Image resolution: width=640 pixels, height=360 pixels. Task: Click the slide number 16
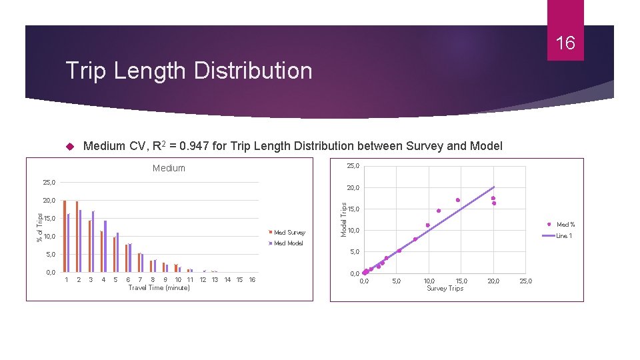[565, 44]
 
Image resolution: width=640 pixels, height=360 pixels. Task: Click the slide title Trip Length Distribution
[189, 70]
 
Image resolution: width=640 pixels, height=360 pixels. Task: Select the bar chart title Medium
[169, 168]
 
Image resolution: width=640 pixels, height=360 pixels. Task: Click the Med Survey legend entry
[289, 233]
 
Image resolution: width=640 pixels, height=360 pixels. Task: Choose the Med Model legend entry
[288, 243]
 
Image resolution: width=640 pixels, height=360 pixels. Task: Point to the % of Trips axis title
[39, 227]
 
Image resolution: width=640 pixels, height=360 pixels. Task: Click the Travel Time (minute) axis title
[159, 288]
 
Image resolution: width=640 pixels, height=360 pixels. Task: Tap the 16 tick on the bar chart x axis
[252, 280]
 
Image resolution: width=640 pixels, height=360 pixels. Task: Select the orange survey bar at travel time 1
[65, 237]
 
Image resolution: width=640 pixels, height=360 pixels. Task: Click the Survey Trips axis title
[445, 289]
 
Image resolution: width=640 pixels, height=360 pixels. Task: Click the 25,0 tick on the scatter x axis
[526, 281]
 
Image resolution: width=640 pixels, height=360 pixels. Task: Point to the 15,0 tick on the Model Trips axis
[354, 209]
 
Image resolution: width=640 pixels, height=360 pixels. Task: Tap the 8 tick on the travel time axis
[153, 280]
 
